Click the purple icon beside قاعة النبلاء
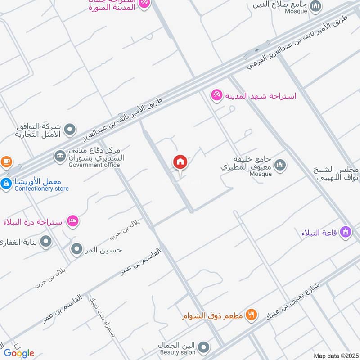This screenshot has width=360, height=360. click(346, 232)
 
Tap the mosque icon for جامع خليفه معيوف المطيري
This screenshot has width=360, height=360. click(280, 165)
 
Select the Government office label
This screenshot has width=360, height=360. click(94, 165)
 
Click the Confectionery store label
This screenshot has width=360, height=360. click(41, 189)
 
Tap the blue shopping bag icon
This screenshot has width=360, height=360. click(6, 184)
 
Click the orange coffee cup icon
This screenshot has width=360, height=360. click(6, 161)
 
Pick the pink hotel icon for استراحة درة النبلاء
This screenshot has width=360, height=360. click(73, 221)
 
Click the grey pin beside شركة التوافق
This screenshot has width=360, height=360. click(70, 130)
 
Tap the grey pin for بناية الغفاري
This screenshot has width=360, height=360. click(46, 243)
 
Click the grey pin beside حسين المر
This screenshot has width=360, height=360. click(77, 249)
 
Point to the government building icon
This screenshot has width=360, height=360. click(59, 156)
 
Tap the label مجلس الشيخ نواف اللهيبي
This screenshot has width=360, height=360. click(337, 173)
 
